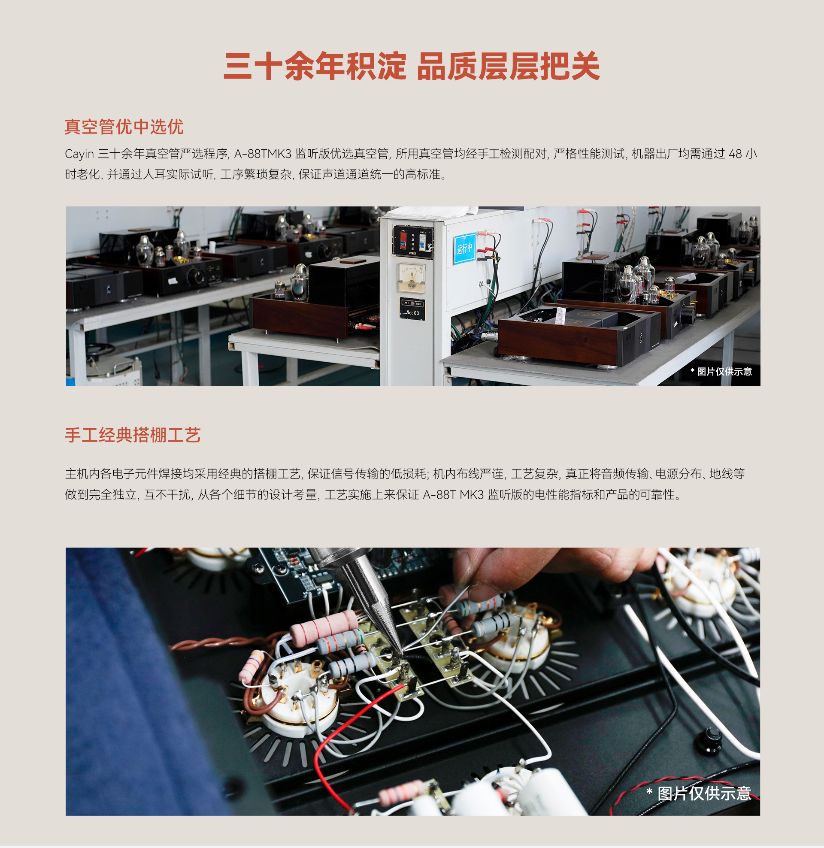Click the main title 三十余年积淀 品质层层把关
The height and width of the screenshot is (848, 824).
412,66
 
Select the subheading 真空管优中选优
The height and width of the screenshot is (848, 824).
124,127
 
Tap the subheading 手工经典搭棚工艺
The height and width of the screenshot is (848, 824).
133,435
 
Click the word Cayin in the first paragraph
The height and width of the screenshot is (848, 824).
79,154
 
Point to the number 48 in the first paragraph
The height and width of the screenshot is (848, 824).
735,154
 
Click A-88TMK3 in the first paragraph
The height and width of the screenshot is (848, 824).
263,154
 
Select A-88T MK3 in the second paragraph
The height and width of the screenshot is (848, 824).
453,494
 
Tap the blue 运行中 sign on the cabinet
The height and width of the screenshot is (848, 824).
464,248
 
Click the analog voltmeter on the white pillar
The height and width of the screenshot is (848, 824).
411,278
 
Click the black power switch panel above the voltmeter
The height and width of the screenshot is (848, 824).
413,242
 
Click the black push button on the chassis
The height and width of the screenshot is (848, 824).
709,739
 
